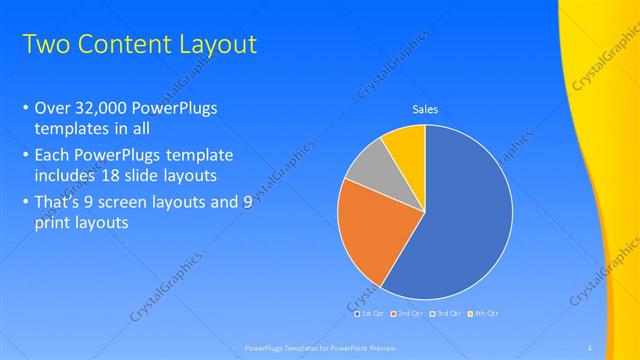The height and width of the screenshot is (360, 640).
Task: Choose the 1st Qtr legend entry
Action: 371,314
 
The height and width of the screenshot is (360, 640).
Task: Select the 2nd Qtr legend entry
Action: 408,314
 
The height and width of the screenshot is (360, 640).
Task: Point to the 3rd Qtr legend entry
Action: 444,314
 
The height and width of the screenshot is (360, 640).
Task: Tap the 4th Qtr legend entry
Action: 481,314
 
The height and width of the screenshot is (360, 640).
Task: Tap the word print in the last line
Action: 53,223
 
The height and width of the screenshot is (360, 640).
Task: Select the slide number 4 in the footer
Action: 590,347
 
